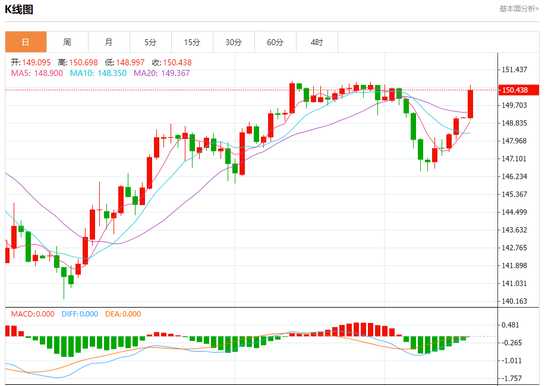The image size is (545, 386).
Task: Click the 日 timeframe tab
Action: [26, 42]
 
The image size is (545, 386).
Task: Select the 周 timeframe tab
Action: [67, 42]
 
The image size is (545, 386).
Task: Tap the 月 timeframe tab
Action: [109, 42]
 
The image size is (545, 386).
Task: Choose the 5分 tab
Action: [150, 42]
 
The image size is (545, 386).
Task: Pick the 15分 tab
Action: [192, 42]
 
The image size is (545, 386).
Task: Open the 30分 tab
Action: [234, 42]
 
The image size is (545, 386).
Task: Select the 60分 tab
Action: [275, 42]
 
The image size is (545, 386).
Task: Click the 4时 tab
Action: [317, 42]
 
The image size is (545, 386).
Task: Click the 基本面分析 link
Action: [519, 9]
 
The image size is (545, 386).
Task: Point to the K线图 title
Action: [19, 10]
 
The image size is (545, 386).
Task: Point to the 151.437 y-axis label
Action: [515, 69]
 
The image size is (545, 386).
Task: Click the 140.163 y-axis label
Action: [515, 301]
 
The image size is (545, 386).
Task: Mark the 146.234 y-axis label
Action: [515, 176]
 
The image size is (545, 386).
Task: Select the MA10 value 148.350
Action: [114, 73]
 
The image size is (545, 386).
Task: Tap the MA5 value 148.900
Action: [49, 73]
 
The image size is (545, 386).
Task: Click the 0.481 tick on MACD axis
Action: [511, 325]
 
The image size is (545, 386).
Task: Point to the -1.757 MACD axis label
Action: [512, 378]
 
